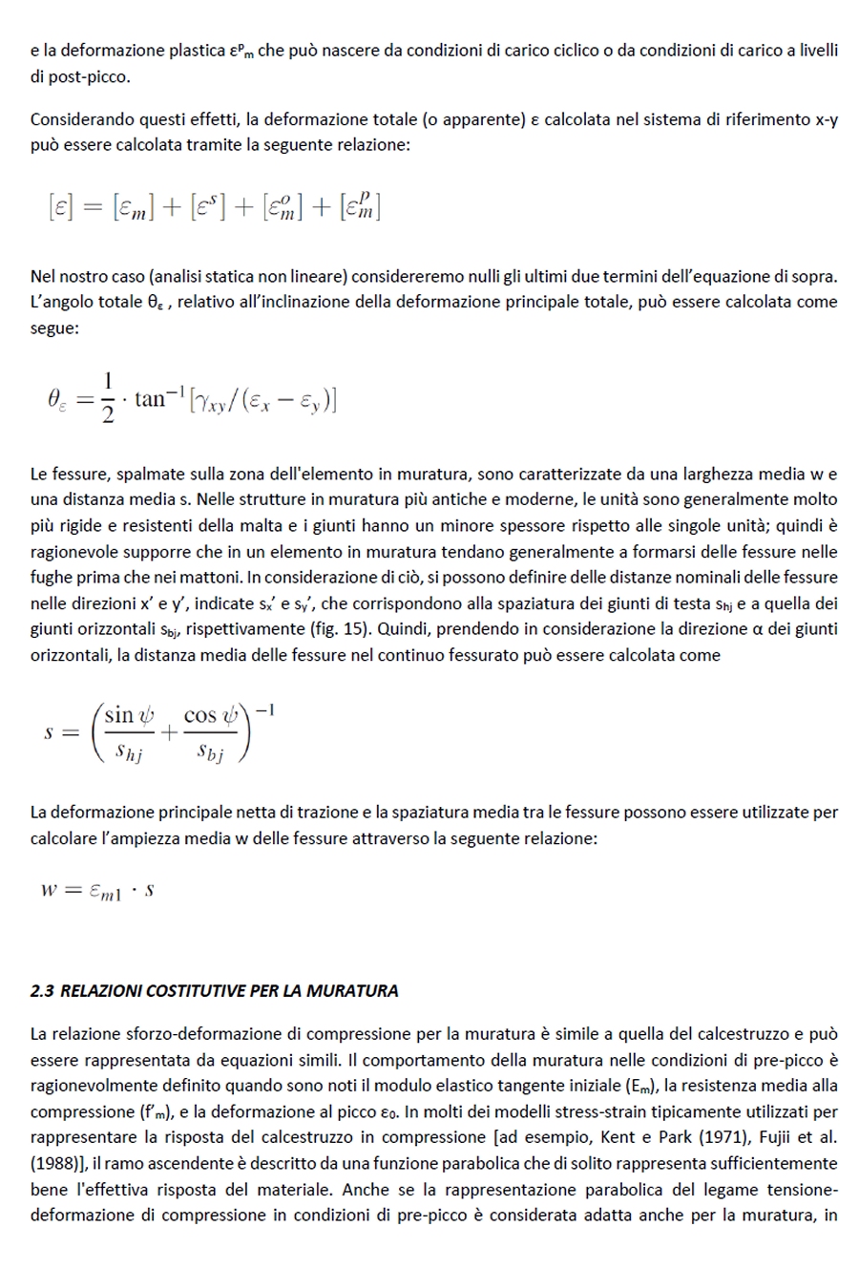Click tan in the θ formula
[150, 398]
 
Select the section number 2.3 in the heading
[42, 991]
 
